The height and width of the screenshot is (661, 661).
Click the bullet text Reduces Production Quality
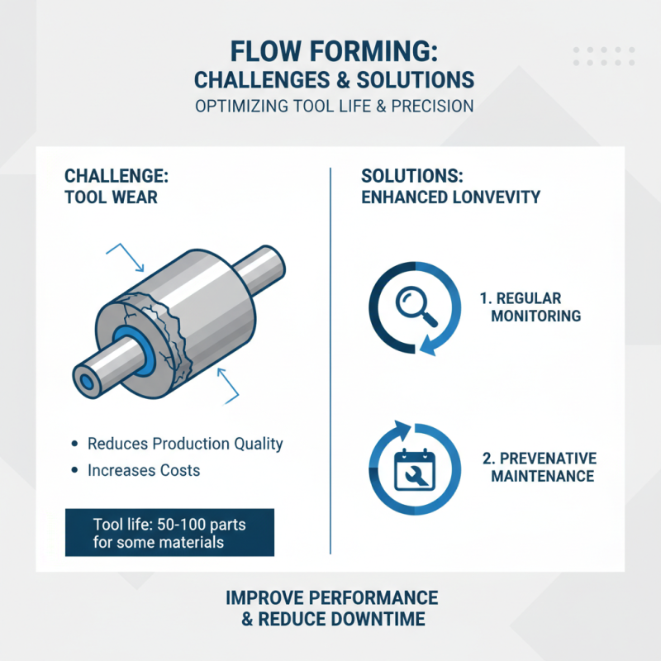(185, 444)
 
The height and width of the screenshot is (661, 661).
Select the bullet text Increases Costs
(144, 470)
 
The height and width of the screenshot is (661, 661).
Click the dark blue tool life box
(169, 532)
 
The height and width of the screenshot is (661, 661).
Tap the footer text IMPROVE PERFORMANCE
(331, 597)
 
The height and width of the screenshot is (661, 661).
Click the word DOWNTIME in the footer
(379, 619)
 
